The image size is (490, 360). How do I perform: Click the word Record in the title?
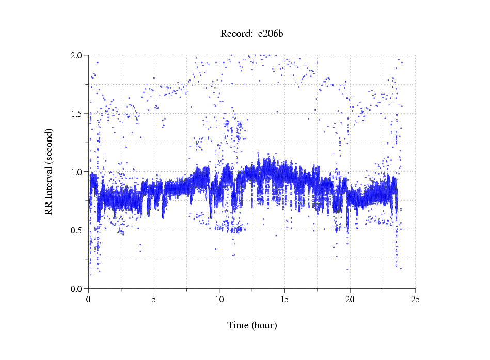[x=236, y=34]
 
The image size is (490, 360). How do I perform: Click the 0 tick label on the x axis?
[x=88, y=299]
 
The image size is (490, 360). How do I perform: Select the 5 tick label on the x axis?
[x=154, y=299]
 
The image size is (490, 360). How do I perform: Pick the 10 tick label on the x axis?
[x=219, y=299]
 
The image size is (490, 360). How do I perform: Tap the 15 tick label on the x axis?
[x=284, y=299]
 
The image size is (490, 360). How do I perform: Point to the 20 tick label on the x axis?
[x=350, y=299]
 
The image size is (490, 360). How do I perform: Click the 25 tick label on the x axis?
[x=416, y=299]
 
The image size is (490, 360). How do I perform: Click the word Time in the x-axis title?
[x=238, y=325]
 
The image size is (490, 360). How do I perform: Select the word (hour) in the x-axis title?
[x=264, y=325]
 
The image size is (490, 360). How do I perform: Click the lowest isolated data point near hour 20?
[x=347, y=269]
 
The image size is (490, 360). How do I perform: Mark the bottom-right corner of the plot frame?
[x=416, y=289]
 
